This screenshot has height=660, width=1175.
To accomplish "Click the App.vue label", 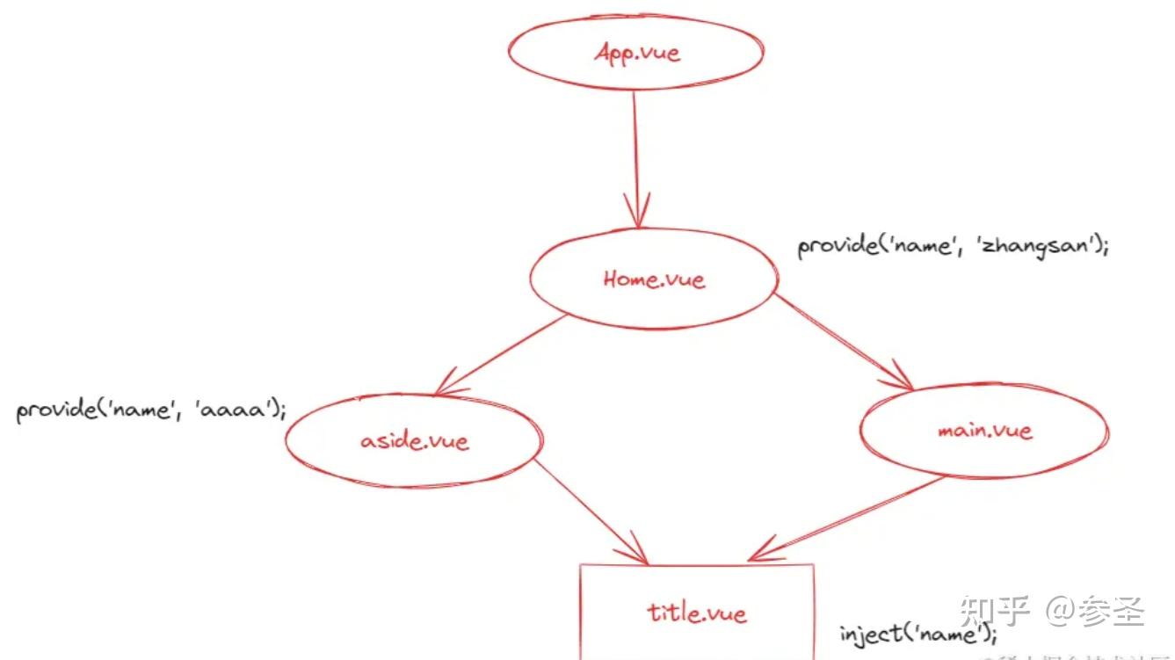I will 637,53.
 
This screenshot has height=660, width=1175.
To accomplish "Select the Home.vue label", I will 654,279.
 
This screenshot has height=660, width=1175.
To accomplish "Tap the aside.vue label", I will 415,439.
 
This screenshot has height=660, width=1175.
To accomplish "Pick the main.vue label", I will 984,431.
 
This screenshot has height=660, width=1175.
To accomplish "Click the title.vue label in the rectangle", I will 697,612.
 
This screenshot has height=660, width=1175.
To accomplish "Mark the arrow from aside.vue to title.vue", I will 589,510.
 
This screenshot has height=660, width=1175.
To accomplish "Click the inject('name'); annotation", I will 918,634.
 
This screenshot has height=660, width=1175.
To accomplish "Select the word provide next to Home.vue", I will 833,245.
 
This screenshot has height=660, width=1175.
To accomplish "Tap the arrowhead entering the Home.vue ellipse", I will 636,211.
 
